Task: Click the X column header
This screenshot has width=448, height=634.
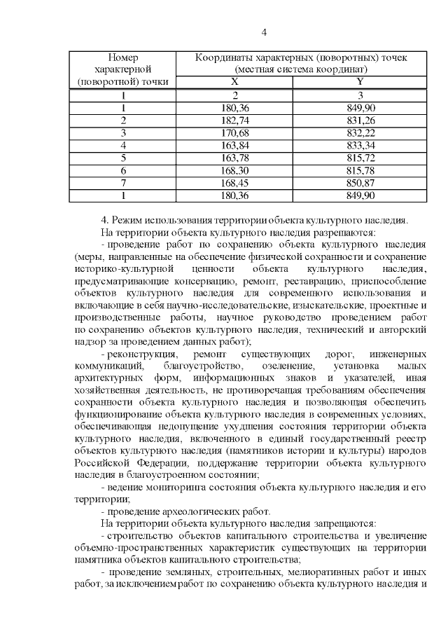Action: tap(235, 82)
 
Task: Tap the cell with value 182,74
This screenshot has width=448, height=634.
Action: tap(235, 120)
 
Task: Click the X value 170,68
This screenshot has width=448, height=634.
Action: tap(235, 133)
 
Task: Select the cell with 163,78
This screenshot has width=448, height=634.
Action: tap(235, 158)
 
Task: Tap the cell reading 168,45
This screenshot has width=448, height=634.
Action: tap(235, 184)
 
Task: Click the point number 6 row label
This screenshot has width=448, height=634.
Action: tap(123, 171)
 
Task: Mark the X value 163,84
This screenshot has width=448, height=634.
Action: tap(235, 146)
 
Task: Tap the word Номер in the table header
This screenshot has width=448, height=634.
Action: tap(123, 57)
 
